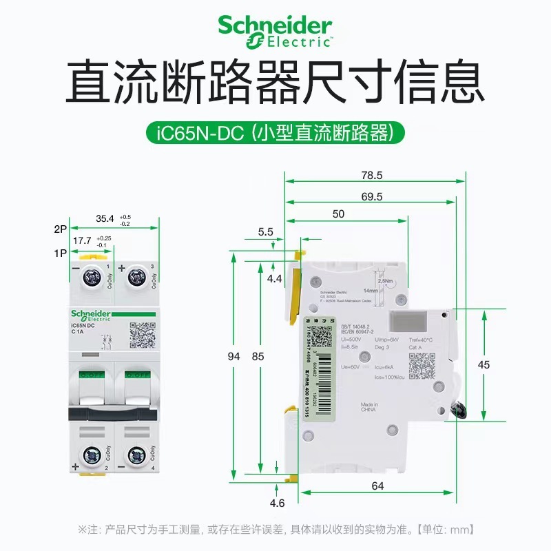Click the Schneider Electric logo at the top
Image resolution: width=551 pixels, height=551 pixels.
click(x=275, y=31)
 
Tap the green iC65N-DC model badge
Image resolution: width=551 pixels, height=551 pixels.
click(x=275, y=132)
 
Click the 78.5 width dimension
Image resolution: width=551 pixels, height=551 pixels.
click(x=375, y=176)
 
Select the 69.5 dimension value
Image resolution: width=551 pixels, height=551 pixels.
click(x=371, y=196)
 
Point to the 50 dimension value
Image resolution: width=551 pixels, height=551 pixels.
click(x=338, y=214)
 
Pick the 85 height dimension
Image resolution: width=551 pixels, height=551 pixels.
click(x=257, y=357)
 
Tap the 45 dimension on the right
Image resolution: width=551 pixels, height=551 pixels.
click(x=484, y=365)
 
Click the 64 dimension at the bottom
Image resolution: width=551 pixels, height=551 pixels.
click(x=377, y=486)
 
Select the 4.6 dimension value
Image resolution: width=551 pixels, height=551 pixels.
click(x=278, y=503)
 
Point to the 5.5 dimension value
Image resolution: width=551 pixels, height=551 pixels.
click(x=266, y=232)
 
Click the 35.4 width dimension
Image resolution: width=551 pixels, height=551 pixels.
click(x=105, y=218)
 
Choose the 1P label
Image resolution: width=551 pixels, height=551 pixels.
click(x=60, y=253)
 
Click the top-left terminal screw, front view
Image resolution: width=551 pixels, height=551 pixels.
click(x=90, y=279)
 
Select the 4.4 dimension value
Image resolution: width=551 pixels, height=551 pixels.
click(x=275, y=279)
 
